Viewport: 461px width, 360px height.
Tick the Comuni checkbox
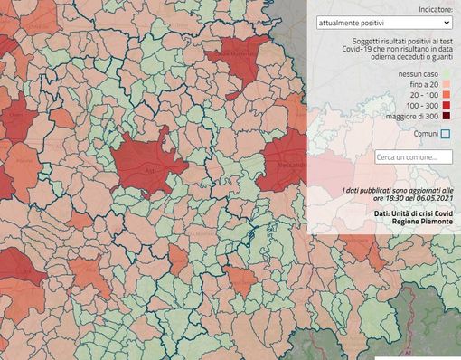click(445, 134)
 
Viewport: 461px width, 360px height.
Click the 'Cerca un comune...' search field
click(413, 157)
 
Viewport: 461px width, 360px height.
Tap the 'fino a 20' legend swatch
click(445, 83)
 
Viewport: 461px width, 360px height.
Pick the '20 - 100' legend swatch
click(445, 94)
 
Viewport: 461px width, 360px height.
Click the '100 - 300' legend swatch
click(445, 105)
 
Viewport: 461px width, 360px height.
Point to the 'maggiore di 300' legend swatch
click(445, 116)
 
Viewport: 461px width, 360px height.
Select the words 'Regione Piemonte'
click(423, 222)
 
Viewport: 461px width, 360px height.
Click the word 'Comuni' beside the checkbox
click(425, 134)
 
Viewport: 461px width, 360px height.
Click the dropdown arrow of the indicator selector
click(446, 22)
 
